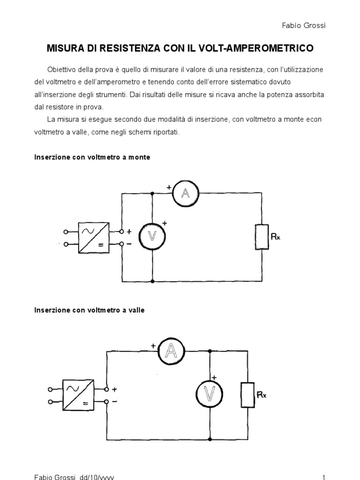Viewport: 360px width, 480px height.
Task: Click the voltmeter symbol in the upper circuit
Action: [x=153, y=237]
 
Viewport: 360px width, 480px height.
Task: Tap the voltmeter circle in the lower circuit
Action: [x=209, y=395]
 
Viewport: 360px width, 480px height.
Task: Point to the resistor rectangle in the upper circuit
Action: [x=261, y=237]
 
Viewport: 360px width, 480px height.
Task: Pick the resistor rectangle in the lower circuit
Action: [x=247, y=395]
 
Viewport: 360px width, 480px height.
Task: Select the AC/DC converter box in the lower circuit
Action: [x=80, y=395]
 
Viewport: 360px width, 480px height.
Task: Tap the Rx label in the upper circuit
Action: [x=276, y=237]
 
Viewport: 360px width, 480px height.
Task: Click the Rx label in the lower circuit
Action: [x=262, y=395]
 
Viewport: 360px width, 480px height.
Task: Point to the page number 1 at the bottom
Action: [x=323, y=477]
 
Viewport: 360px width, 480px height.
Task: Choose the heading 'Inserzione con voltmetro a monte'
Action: [x=92, y=157]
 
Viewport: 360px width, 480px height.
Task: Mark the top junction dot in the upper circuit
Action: [x=153, y=193]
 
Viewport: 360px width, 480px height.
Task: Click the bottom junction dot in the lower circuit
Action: [x=209, y=439]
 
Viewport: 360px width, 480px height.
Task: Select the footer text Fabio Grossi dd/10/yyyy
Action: [x=74, y=477]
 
